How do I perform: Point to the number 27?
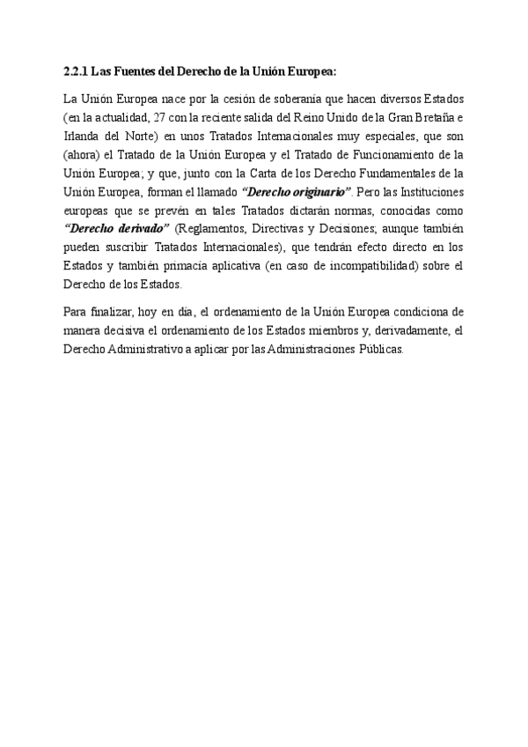point(151,118)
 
